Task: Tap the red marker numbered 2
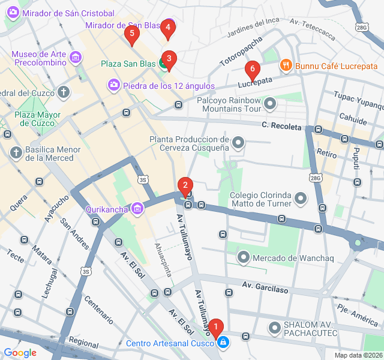[x=185, y=185]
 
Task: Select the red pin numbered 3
[x=169, y=59]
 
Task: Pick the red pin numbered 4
[x=168, y=27]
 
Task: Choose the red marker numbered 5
[x=131, y=34]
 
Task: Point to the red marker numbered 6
[x=252, y=69]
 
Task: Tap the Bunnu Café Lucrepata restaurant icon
[x=286, y=65]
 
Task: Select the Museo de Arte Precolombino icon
[x=76, y=58]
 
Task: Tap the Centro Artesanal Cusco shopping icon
[x=223, y=343]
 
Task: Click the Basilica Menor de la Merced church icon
[x=16, y=153]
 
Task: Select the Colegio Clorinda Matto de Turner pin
[x=301, y=197]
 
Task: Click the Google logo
[x=20, y=353]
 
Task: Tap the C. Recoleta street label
[x=281, y=125]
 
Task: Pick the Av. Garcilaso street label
[x=266, y=287]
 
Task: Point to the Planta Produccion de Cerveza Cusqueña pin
[x=238, y=142]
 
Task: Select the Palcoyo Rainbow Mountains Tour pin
[x=271, y=104]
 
